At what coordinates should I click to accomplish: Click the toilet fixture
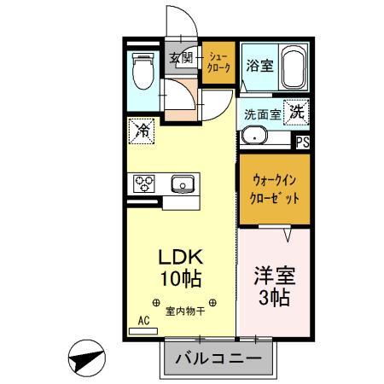pos(143,72)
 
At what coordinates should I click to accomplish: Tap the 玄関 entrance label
pos(180,58)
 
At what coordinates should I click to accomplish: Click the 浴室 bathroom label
pos(260,66)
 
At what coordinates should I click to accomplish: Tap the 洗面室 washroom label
pos(262,114)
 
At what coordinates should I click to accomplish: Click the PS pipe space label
pos(302,143)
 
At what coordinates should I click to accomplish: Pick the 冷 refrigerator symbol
pos(141,132)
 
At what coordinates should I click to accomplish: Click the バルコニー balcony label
pos(218,358)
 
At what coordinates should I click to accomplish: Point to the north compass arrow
pos(84,358)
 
